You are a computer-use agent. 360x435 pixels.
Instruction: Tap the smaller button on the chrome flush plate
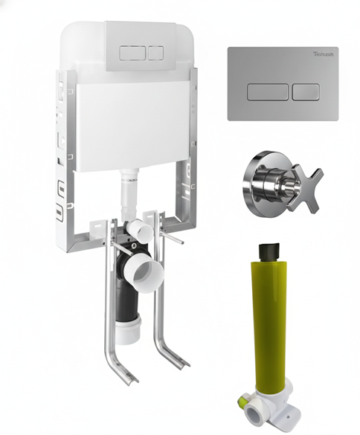(305, 92)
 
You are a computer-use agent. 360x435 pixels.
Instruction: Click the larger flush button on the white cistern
(131, 54)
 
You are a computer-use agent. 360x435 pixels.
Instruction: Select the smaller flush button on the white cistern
(155, 54)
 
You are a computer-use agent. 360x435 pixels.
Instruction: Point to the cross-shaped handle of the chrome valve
(306, 184)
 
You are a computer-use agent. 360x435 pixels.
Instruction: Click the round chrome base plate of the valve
(260, 175)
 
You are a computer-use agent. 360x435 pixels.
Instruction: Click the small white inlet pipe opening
(141, 231)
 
